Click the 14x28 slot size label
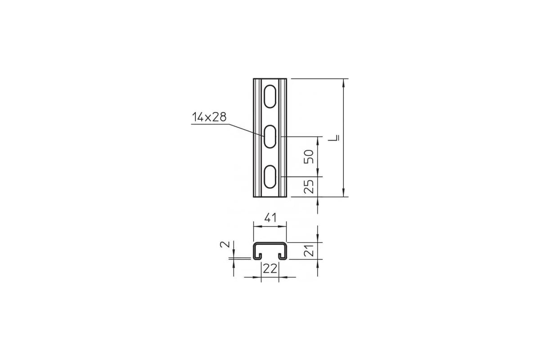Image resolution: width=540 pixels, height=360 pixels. tap(209, 117)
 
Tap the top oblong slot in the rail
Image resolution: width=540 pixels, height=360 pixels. tap(270, 96)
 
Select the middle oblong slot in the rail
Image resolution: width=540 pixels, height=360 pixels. tap(270, 136)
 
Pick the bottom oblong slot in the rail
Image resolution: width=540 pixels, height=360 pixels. tap(270, 177)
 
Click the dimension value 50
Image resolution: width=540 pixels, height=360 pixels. tap(309, 157)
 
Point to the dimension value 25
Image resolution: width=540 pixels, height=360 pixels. tap(309, 187)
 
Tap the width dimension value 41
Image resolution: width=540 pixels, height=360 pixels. tap(270, 218)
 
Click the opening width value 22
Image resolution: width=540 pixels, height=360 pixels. tap(270, 269)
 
